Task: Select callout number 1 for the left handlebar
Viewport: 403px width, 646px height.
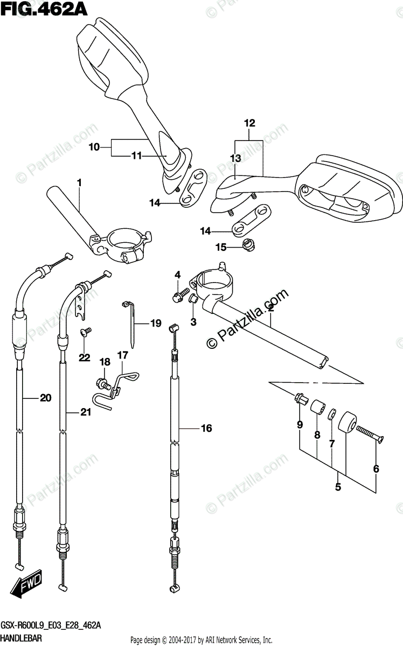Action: (x=79, y=183)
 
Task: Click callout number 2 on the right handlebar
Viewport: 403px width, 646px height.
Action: (x=270, y=308)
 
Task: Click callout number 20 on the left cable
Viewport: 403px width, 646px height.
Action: (x=45, y=398)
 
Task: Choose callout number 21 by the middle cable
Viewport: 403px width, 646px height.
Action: (x=85, y=412)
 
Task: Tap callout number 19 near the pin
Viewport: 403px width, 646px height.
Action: (x=155, y=324)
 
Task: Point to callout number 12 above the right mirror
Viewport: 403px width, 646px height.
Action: (x=249, y=123)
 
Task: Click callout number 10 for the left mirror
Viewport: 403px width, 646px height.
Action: (x=94, y=146)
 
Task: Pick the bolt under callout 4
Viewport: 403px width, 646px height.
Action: (x=177, y=297)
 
